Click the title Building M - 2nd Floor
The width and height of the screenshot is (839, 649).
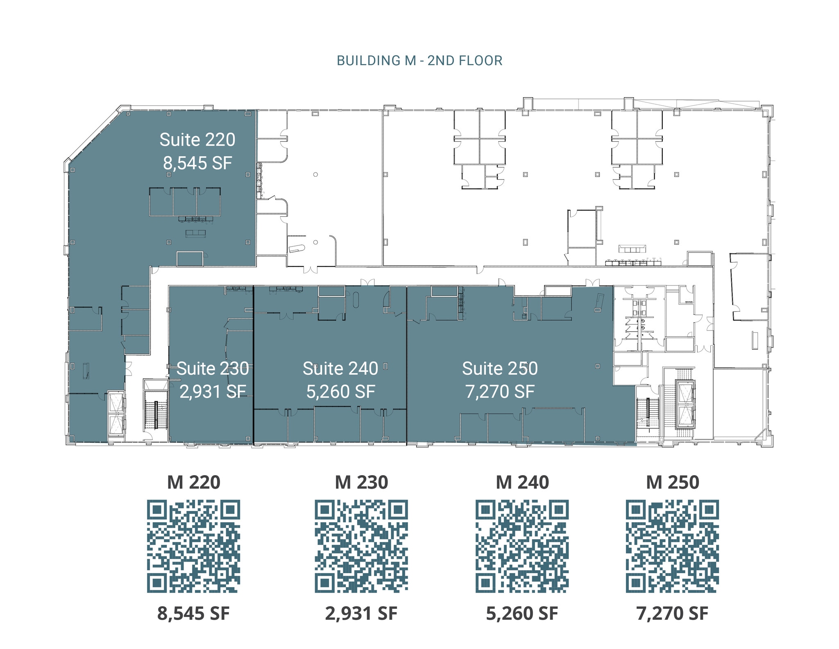click(419, 61)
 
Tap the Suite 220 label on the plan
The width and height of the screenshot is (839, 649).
click(197, 140)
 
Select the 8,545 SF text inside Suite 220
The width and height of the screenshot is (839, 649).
click(197, 163)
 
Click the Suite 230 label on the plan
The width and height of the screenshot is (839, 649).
click(212, 369)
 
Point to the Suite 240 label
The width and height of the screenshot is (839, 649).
click(340, 369)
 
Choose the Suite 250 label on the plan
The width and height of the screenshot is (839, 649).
click(499, 369)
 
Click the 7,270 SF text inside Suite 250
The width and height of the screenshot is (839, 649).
click(499, 392)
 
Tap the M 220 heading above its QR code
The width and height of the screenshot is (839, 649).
click(193, 482)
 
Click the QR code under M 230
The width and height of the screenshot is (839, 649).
click(361, 546)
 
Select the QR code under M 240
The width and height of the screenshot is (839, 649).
click(522, 546)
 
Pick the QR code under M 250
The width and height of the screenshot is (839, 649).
click(672, 546)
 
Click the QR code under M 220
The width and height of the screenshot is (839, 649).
click(193, 546)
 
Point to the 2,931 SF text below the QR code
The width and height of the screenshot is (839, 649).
click(361, 613)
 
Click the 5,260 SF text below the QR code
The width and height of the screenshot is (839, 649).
click(522, 613)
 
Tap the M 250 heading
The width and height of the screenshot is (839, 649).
click(672, 482)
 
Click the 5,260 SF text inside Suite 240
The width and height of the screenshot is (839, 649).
click(340, 392)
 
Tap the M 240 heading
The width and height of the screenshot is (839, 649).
click(522, 482)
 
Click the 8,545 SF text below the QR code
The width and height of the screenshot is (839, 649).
click(193, 613)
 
